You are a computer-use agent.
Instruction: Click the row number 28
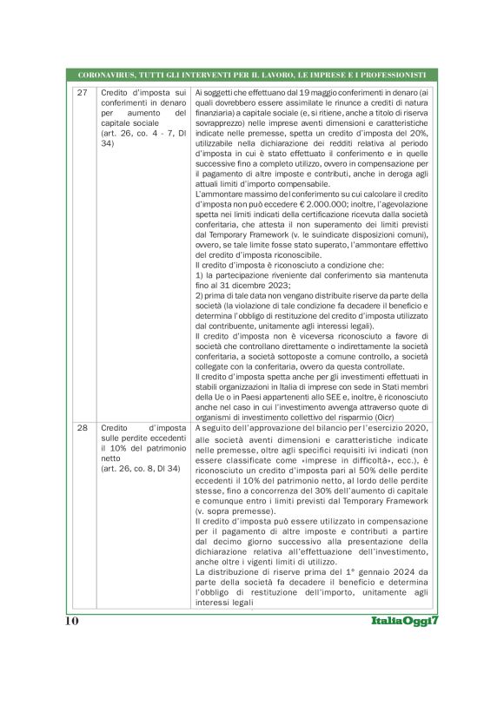[83, 428]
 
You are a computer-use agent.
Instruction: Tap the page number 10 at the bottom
[72, 622]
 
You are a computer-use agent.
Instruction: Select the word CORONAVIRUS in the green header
[109, 75]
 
